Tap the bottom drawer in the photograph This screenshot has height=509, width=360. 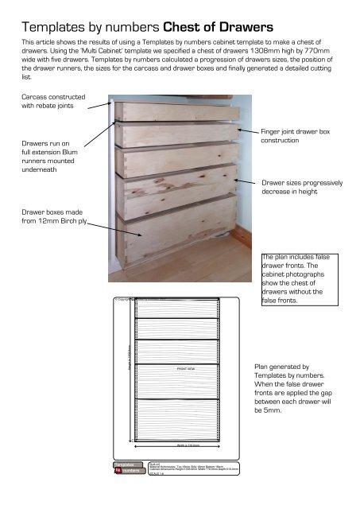[x=179, y=233]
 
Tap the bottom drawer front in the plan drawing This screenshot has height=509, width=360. [x=175, y=418]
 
